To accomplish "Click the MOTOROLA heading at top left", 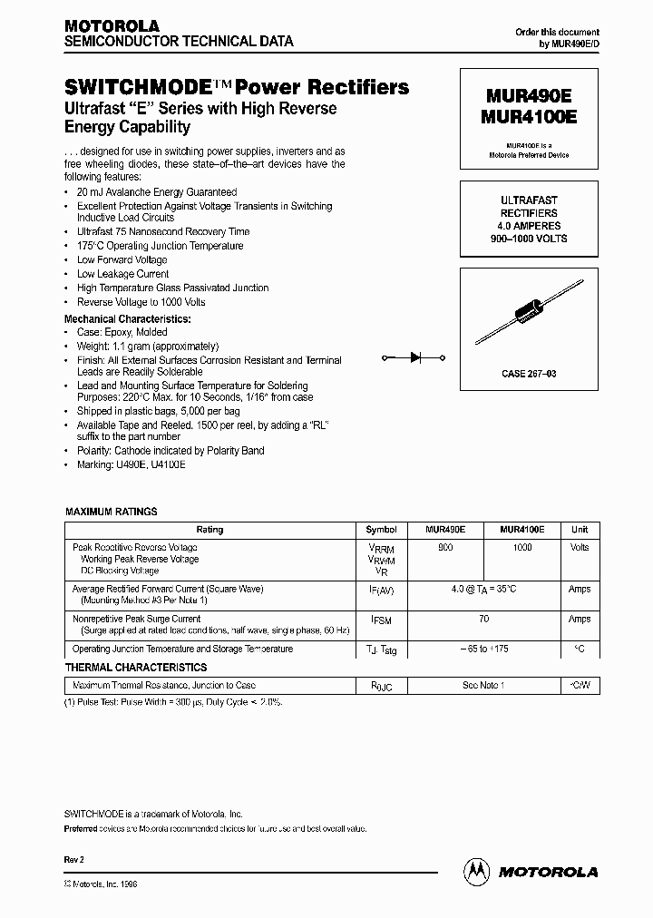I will pos(111,25).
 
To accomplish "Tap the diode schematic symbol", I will pos(415,357).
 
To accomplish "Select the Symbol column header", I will pos(381,530).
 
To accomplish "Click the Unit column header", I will pos(579,530).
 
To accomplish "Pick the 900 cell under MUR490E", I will pos(445,548).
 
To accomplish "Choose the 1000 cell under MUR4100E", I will pos(522,548).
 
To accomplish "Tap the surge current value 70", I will pos(483,619).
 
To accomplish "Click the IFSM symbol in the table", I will pos(381,620).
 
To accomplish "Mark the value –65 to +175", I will pos(483,649).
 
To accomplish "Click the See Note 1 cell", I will pos(483,686).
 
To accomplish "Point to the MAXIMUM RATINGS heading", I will pos(112,512).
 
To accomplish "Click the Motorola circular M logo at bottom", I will pos(475,871).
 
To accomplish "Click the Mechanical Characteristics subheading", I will pos(127,319).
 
